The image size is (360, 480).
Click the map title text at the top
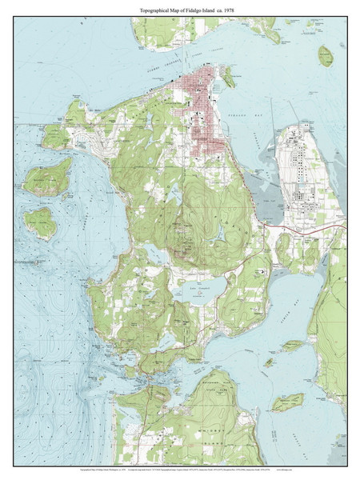coord(179,9)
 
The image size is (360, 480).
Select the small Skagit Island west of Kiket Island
coord(269,362)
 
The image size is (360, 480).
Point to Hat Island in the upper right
coord(325,56)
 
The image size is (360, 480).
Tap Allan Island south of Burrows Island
coord(40,223)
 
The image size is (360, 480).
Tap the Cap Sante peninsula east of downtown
coord(229,77)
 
